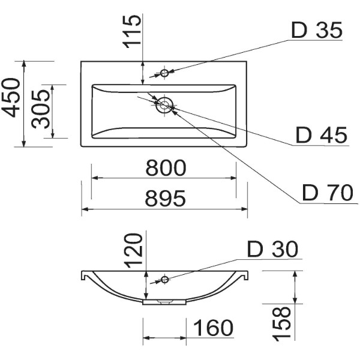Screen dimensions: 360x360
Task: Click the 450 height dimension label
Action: [x=11, y=98]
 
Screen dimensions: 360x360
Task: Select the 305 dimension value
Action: [x=40, y=109]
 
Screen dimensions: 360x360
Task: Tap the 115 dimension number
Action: [x=131, y=31]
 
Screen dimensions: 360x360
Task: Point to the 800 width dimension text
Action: [x=166, y=168]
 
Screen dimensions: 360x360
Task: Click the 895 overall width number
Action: [x=166, y=198]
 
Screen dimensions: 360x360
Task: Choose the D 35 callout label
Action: [x=317, y=30]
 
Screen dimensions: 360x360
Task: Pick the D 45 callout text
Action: [x=322, y=135]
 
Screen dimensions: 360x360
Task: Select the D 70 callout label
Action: [x=328, y=193]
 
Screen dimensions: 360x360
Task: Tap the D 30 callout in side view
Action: [x=272, y=249]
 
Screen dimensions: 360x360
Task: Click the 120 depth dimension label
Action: [x=134, y=250]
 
